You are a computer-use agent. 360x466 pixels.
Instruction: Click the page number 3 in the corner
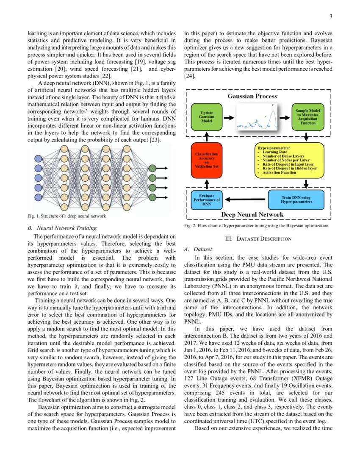(331, 17)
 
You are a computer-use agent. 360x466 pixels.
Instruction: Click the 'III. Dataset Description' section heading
(258, 239)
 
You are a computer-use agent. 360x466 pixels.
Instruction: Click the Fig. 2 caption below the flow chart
(256, 226)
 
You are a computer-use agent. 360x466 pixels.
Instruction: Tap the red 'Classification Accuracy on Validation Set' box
(206, 160)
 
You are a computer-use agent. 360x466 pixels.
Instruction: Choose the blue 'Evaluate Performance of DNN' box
(206, 200)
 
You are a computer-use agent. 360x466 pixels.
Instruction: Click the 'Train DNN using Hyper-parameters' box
(296, 199)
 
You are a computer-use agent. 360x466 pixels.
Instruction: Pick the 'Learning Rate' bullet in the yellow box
(275, 152)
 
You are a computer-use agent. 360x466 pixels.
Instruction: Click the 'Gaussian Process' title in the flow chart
(252, 97)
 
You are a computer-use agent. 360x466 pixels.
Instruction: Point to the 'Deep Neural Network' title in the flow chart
(252, 214)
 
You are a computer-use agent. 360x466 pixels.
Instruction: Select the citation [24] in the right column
(189, 76)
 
